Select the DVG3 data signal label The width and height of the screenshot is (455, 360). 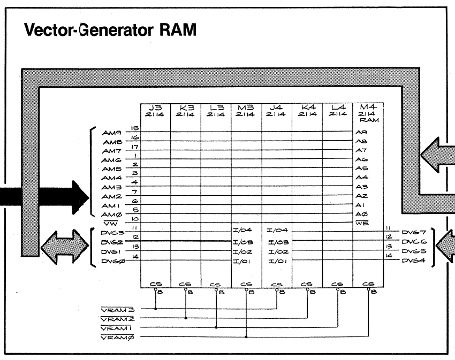(113, 234)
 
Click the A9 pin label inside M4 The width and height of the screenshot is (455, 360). (361, 132)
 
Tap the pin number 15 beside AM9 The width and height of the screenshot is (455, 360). (135, 128)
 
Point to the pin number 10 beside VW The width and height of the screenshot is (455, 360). (135, 219)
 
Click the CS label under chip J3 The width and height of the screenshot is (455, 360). (155, 284)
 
